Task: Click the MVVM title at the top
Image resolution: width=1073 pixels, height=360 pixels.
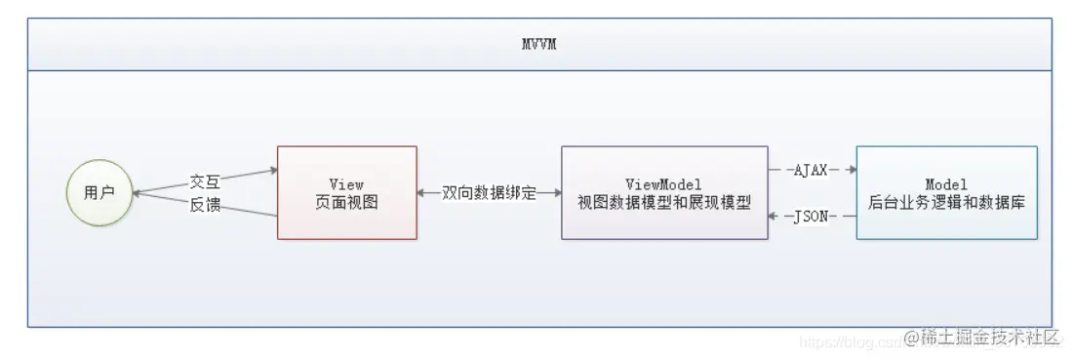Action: click(538, 44)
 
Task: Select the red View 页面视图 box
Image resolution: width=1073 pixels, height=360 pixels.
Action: click(347, 192)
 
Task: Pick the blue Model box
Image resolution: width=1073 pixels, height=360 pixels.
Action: click(946, 192)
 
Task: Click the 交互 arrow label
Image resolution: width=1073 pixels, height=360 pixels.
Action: click(205, 182)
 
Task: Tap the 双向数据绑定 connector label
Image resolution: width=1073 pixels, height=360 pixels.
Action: click(490, 193)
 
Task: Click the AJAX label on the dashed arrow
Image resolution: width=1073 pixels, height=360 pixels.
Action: click(813, 170)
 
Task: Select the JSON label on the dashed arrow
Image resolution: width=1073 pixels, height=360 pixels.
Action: click(812, 216)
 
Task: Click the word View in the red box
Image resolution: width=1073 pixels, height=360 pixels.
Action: click(347, 183)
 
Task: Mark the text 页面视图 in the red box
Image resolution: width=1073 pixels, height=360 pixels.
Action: click(347, 203)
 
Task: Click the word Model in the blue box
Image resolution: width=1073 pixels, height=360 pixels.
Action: click(946, 183)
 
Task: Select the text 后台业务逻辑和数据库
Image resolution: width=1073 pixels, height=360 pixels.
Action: click(946, 203)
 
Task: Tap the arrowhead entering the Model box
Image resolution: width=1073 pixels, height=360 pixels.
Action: click(851, 170)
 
